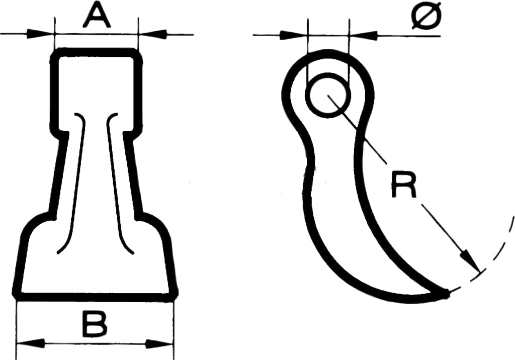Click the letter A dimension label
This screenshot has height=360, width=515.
click(x=97, y=15)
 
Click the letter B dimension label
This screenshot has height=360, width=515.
click(x=95, y=324)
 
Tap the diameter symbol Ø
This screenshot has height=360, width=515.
click(x=426, y=16)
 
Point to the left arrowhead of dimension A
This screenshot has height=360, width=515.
click(x=40, y=34)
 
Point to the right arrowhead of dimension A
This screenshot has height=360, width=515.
click(x=153, y=34)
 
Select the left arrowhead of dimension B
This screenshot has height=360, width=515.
click(x=30, y=344)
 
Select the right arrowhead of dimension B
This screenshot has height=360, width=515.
click(x=159, y=344)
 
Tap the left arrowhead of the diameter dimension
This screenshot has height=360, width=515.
click(x=293, y=35)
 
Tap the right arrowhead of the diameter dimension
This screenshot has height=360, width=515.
click(x=363, y=35)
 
